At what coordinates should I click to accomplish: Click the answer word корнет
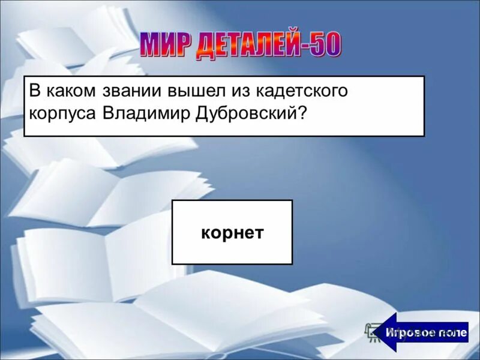pyautogui.click(x=232, y=233)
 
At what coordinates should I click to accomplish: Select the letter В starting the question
pyautogui.click(x=34, y=92)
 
